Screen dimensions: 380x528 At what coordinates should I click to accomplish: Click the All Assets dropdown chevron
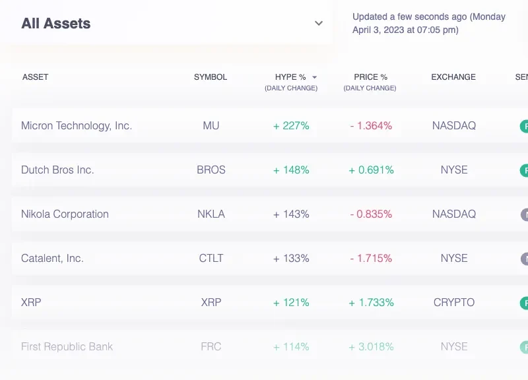point(319,24)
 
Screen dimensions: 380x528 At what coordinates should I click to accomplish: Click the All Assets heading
point(56,24)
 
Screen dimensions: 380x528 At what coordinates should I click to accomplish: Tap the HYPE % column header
point(286,77)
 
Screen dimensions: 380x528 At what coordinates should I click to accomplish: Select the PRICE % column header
point(370,77)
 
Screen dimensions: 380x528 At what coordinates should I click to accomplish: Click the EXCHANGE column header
point(453,77)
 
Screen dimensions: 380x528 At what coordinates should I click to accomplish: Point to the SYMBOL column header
point(211,77)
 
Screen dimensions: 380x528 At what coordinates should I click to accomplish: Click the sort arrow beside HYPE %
point(315,77)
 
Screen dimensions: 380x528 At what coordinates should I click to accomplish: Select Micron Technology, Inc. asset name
point(77,125)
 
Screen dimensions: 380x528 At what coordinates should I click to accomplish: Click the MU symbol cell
point(211,125)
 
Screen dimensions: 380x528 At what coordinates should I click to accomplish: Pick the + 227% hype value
point(291,125)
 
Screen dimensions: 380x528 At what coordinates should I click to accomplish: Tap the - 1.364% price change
point(371,125)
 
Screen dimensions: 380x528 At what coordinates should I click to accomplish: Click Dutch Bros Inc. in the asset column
point(57,170)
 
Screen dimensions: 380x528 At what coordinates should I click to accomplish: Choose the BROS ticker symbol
point(211,170)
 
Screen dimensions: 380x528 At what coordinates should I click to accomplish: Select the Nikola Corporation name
point(65,214)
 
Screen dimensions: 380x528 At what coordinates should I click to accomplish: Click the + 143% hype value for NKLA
point(291,214)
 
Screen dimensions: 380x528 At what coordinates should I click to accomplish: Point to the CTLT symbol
point(211,258)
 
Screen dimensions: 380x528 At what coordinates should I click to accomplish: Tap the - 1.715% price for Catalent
point(371,258)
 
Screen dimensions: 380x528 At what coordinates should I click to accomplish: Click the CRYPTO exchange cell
point(454,302)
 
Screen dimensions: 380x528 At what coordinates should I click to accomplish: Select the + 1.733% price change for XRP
point(371,302)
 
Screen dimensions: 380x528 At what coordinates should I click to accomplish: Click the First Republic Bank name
point(67,346)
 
